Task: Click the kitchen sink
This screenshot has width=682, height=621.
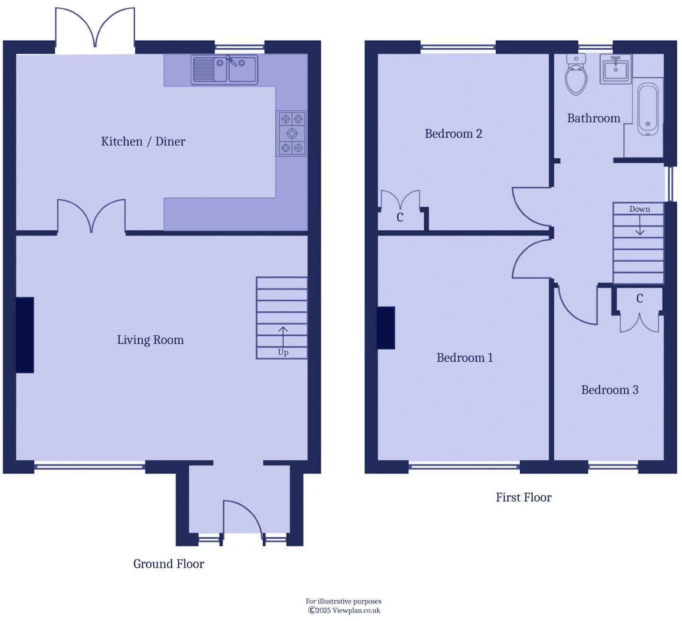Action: [x=224, y=70]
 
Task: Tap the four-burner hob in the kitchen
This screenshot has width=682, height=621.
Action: [x=291, y=133]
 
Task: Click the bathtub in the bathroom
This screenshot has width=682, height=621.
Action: [x=647, y=109]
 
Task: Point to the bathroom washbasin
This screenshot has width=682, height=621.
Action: [x=615, y=70]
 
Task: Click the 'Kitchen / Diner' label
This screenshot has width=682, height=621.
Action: [x=143, y=141]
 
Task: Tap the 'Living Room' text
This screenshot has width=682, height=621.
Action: [x=150, y=340]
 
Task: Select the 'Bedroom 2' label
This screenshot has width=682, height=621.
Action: [x=453, y=134]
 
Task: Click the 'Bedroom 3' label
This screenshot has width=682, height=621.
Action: [x=609, y=390]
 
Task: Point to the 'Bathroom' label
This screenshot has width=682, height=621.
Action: [x=594, y=118]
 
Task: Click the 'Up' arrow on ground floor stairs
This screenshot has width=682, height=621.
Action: [x=283, y=337]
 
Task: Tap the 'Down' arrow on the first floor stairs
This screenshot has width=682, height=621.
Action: [x=639, y=225]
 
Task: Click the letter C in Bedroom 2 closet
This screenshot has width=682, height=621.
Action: [x=400, y=218]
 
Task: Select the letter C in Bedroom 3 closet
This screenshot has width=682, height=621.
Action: [x=639, y=298]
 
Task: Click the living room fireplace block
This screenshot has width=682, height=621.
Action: [x=25, y=335]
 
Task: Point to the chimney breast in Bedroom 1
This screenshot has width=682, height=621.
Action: [x=386, y=328]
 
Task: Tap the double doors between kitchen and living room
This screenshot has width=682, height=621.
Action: [x=91, y=217]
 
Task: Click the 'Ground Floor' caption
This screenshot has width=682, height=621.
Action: [x=168, y=564]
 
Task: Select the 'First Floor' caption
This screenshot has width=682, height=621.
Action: [x=523, y=498]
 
